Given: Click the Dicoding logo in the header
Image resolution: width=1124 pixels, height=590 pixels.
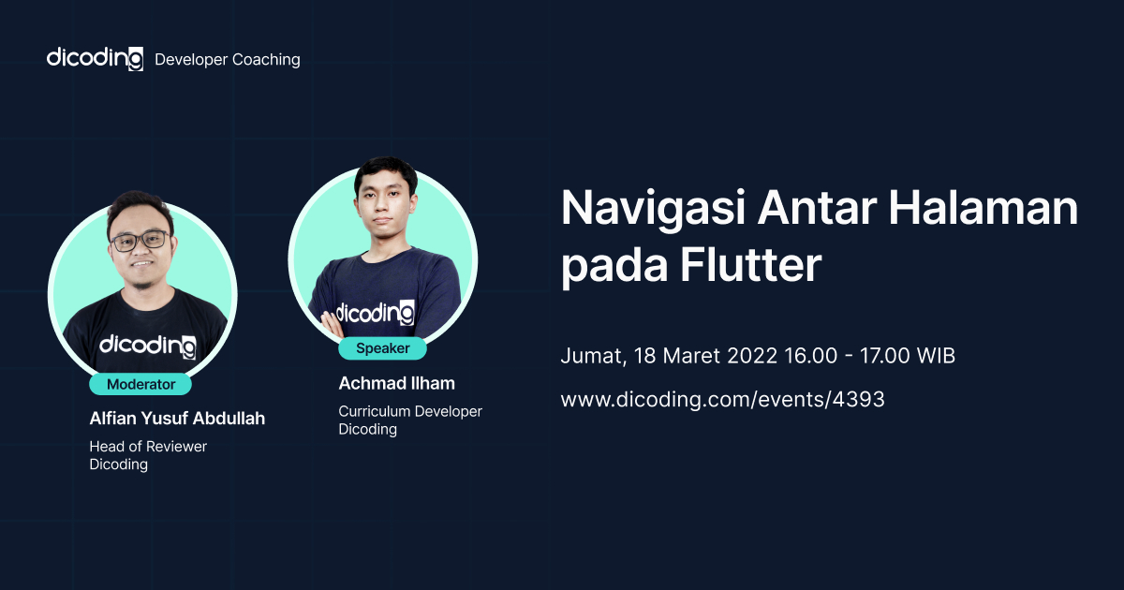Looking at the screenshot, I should (x=95, y=58).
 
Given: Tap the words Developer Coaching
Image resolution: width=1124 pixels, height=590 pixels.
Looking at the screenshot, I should (x=227, y=59).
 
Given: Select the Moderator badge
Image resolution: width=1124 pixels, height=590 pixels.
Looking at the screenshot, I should (x=140, y=384).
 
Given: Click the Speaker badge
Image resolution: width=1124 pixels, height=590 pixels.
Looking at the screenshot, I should (x=383, y=348).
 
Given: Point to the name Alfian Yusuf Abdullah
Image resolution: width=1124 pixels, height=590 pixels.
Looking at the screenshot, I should (x=177, y=419).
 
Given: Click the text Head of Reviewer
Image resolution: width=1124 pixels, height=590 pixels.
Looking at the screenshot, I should (x=148, y=447).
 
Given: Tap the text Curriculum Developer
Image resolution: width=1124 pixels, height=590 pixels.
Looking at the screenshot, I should (x=410, y=411).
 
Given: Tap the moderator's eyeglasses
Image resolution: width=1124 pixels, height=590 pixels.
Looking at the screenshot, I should (x=139, y=240).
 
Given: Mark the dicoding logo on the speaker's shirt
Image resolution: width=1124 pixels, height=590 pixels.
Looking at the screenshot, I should (x=375, y=311).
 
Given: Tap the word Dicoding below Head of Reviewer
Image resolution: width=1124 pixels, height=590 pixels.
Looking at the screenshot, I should (x=119, y=465).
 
